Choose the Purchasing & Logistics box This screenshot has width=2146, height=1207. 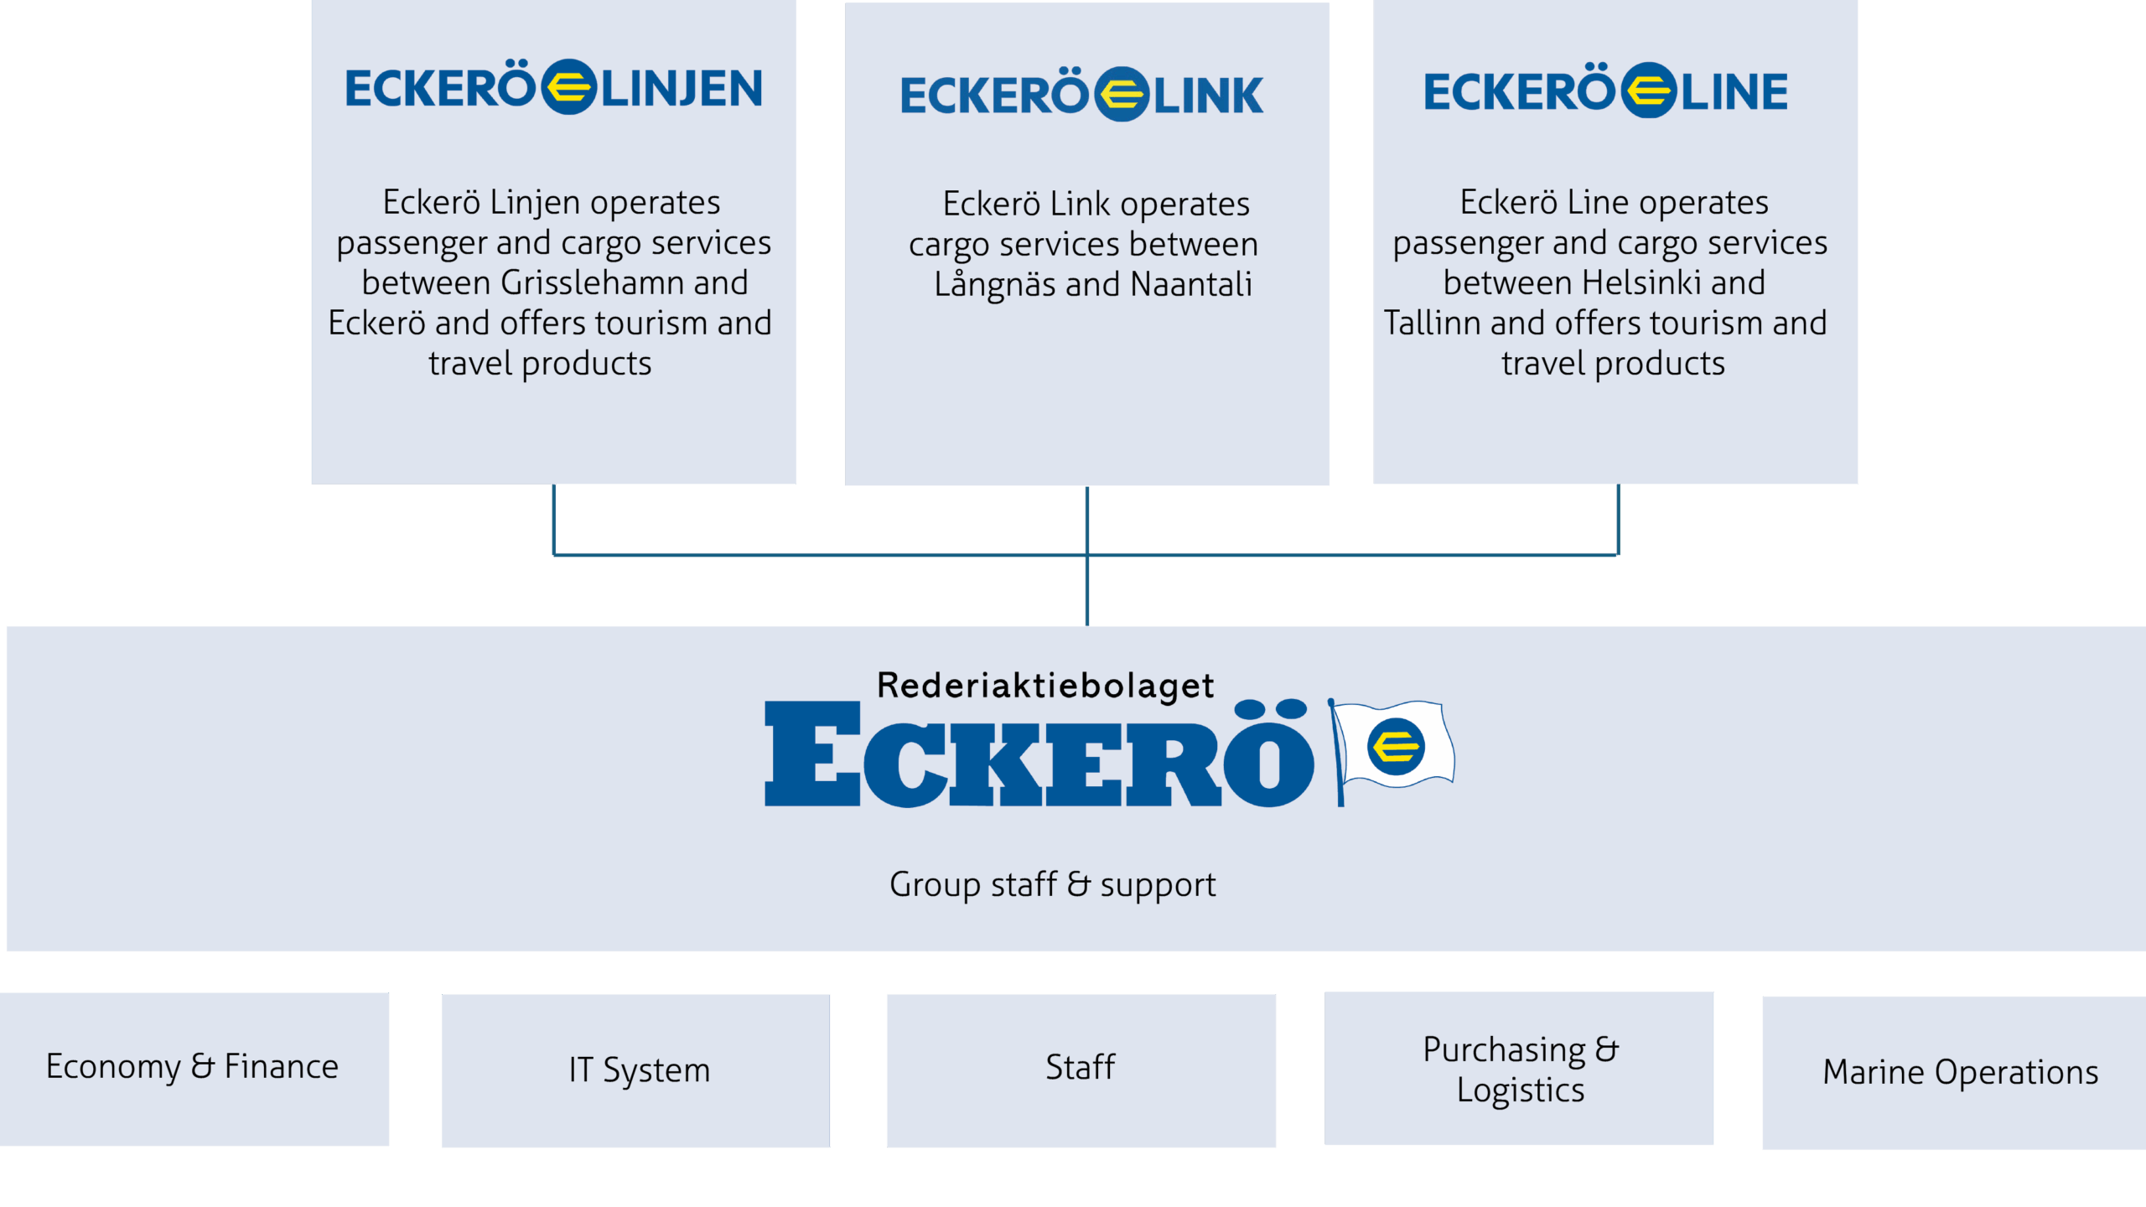pyautogui.click(x=1520, y=1069)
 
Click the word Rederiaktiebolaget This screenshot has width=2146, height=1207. pyautogui.click(x=1045, y=686)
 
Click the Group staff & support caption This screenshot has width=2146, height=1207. pyautogui.click(x=1052, y=885)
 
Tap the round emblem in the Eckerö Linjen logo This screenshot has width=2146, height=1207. pyautogui.click(x=568, y=87)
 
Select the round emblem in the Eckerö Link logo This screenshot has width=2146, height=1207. pyautogui.click(x=1122, y=95)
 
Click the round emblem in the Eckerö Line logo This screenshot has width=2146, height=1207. pyautogui.click(x=1648, y=91)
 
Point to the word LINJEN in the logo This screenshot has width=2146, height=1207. pyautogui.click(x=682, y=89)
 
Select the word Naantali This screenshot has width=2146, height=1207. pyautogui.click(x=1191, y=285)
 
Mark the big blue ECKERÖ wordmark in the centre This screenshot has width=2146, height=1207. pyautogui.click(x=1038, y=754)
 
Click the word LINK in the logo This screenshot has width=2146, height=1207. pyautogui.click(x=1208, y=96)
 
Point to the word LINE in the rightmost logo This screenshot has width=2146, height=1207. pyautogui.click(x=1734, y=92)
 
